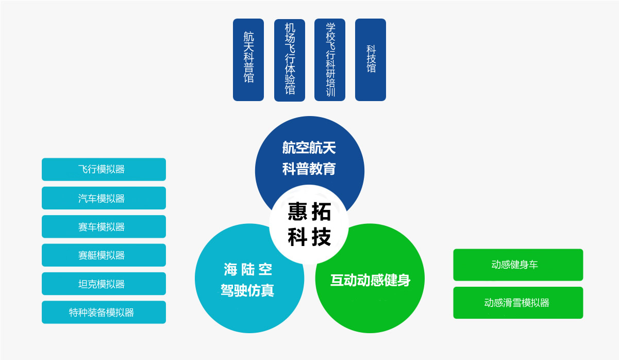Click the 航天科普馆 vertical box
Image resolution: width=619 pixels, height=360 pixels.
[x=248, y=60]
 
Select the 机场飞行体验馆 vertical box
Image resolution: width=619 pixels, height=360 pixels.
[x=290, y=60]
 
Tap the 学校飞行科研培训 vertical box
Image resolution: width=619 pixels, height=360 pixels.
[x=330, y=60]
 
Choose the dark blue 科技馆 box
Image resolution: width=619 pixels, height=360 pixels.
[x=371, y=60]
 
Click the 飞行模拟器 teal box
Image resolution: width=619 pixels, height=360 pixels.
[x=104, y=169]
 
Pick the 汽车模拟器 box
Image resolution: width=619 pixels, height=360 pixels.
[x=104, y=198]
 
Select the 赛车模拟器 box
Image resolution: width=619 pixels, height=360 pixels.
[x=104, y=226]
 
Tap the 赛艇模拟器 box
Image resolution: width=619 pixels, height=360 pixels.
[x=104, y=255]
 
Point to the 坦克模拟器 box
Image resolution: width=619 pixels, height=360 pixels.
[x=104, y=284]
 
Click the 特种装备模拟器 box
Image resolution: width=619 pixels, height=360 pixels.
[x=104, y=312]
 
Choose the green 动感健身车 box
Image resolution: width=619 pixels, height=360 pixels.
[x=518, y=265]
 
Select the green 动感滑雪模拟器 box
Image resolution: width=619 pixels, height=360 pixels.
[x=518, y=303]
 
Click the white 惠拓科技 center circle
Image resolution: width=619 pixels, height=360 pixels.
[x=309, y=225]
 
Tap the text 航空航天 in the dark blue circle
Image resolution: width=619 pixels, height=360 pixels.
[x=309, y=148]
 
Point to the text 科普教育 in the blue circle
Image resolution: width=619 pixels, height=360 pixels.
[x=309, y=169]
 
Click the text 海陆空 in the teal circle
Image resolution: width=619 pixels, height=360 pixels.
[x=248, y=269]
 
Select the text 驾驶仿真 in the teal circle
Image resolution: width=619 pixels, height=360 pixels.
[x=248, y=290]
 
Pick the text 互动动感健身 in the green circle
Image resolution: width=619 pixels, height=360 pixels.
[x=370, y=280]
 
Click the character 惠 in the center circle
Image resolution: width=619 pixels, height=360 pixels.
[x=297, y=211]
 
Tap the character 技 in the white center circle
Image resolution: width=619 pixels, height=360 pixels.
[x=322, y=237]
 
